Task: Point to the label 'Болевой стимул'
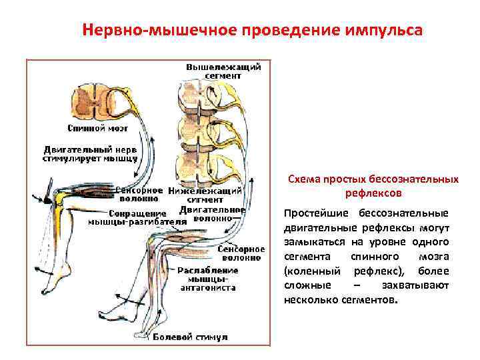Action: coord(190,337)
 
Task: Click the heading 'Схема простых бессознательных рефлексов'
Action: coord(373,186)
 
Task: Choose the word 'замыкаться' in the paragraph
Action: coord(311,242)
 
